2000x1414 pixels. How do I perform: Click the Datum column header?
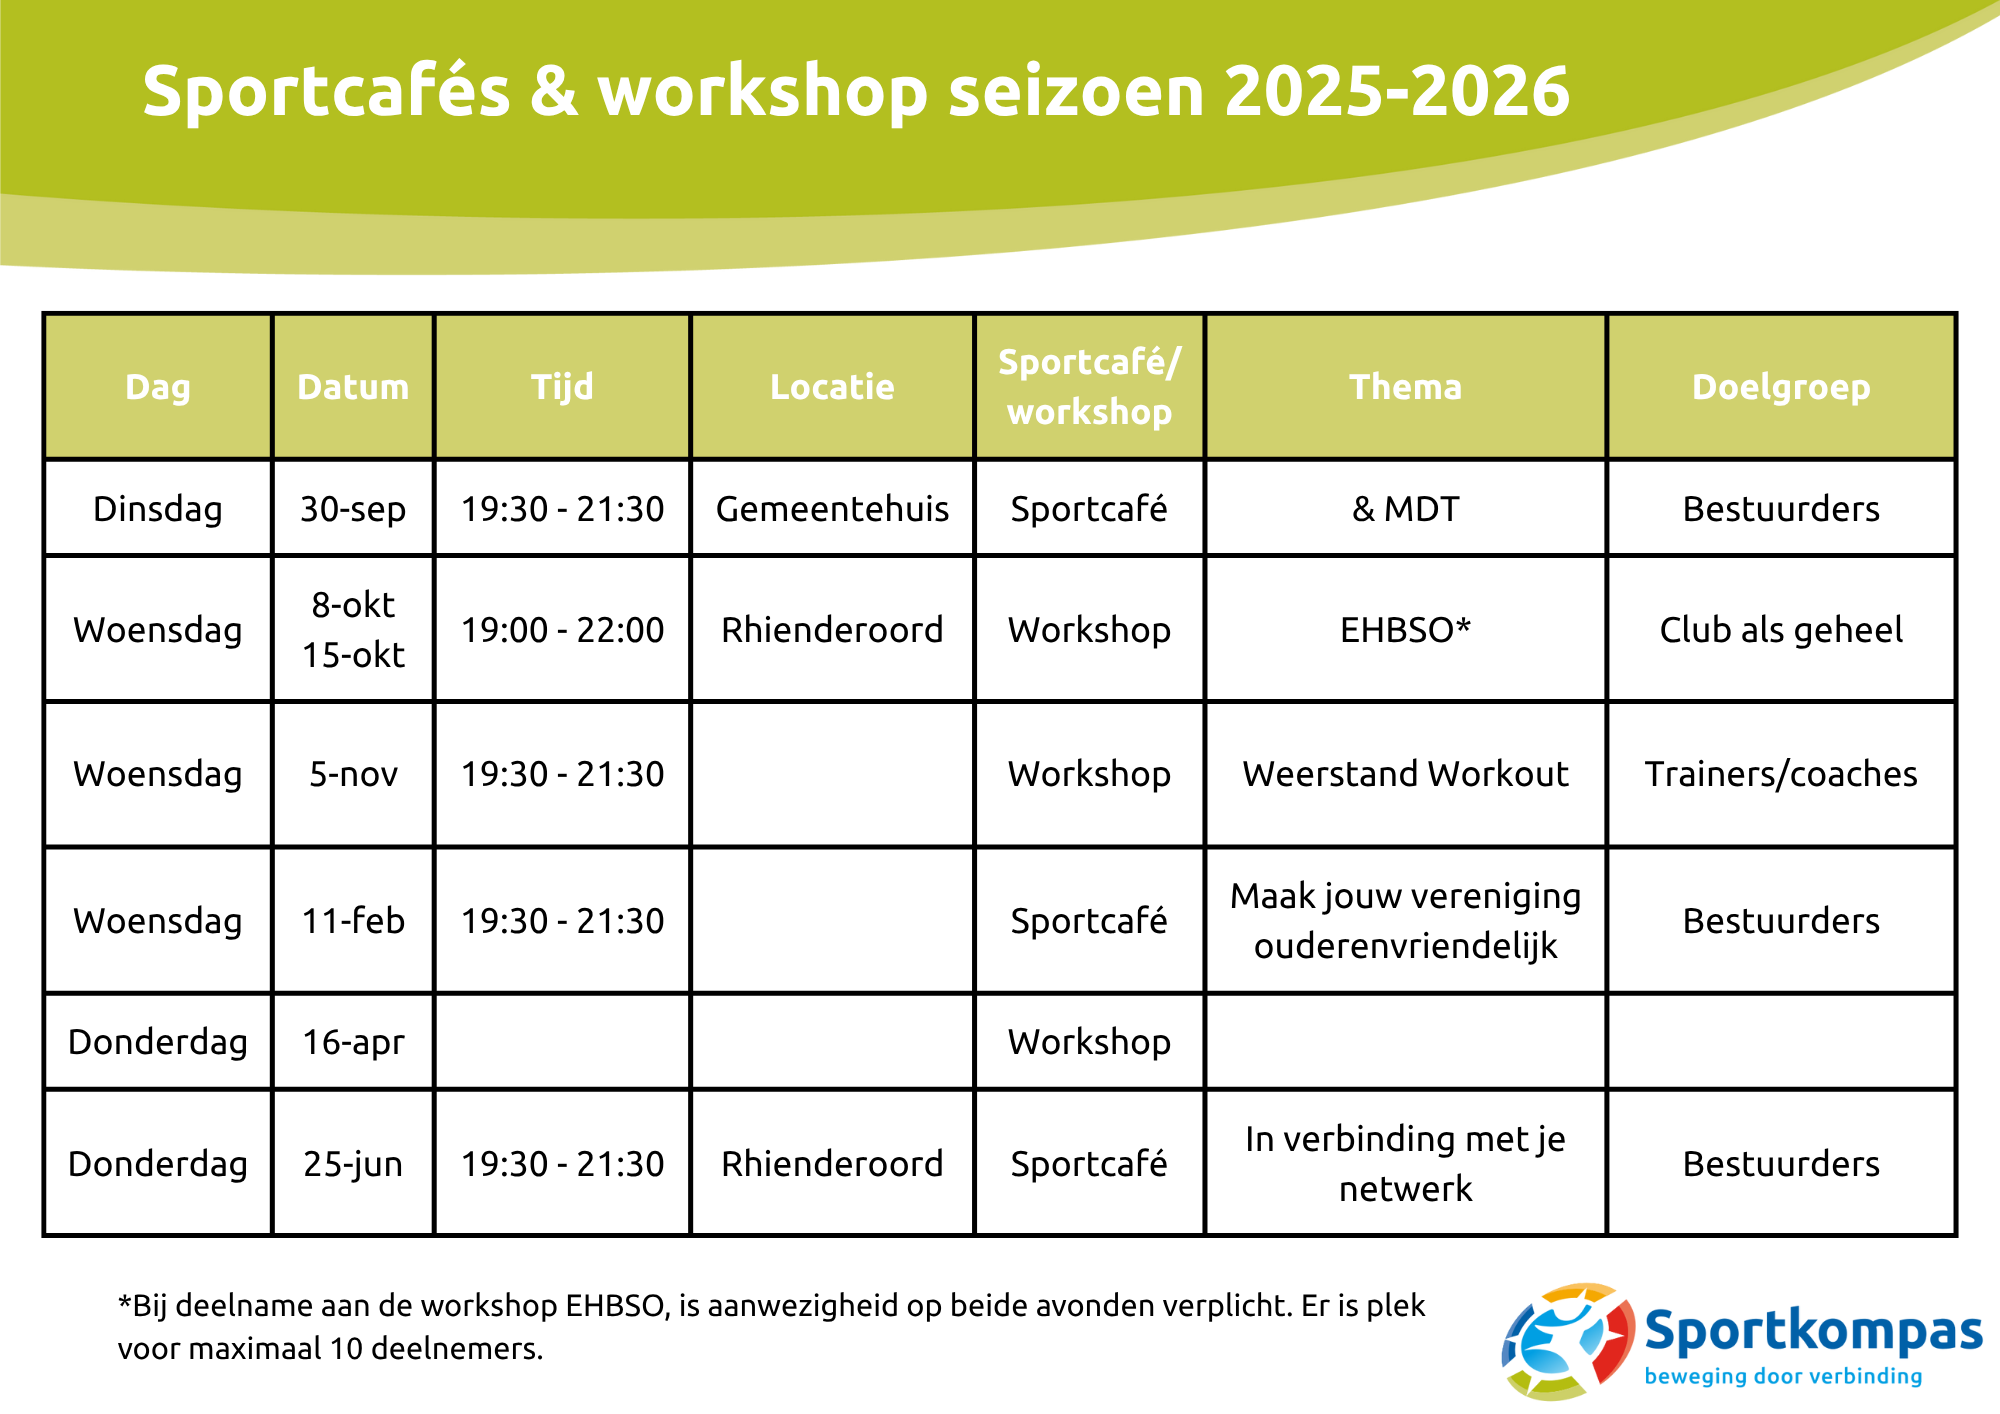click(353, 387)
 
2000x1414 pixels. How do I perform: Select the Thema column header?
click(1405, 387)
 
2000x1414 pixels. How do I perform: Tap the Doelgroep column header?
click(1781, 388)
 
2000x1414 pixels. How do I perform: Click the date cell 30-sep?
click(353, 509)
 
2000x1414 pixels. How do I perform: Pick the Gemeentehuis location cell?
click(832, 509)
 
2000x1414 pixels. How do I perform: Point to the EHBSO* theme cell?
click(1405, 630)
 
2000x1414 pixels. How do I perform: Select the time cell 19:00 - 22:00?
click(562, 630)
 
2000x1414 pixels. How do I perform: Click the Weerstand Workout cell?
click(1405, 774)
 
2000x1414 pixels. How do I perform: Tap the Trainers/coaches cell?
click(1781, 774)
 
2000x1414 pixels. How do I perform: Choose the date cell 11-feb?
click(353, 920)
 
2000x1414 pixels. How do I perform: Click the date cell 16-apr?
click(353, 1042)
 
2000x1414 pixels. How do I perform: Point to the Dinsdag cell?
click(158, 509)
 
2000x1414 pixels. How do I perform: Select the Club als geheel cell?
click(1781, 630)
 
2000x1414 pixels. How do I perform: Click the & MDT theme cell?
click(1405, 509)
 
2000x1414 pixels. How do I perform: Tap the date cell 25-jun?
click(353, 1164)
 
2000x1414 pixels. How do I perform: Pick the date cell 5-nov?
click(353, 774)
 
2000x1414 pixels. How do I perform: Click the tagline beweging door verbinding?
click(1783, 1377)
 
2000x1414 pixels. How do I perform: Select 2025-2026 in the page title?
click(1397, 91)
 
